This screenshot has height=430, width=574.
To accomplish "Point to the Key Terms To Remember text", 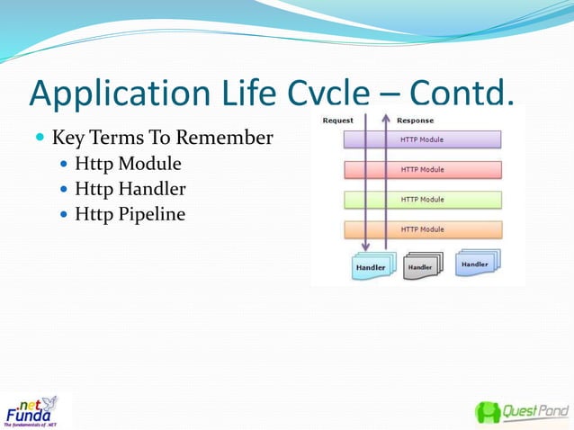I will [x=162, y=139].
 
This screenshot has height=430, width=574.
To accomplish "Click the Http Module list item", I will [x=129, y=164].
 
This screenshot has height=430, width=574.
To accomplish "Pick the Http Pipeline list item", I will [x=130, y=214].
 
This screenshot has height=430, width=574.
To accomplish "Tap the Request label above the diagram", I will [x=338, y=121].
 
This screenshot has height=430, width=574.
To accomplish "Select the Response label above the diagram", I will [x=415, y=121].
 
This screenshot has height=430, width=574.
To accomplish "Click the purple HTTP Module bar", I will [x=422, y=140].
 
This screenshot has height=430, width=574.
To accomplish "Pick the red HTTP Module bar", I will [x=422, y=169].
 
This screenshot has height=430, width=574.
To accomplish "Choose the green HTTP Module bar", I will [x=422, y=199].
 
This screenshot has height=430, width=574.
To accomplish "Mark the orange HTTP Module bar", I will [x=422, y=229].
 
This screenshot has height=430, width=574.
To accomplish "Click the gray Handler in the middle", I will [x=421, y=267].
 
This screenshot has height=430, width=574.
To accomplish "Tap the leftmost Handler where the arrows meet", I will [x=370, y=267].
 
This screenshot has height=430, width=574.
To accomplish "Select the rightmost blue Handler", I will [x=476, y=264].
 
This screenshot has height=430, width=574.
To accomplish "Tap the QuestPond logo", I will [x=522, y=412].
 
